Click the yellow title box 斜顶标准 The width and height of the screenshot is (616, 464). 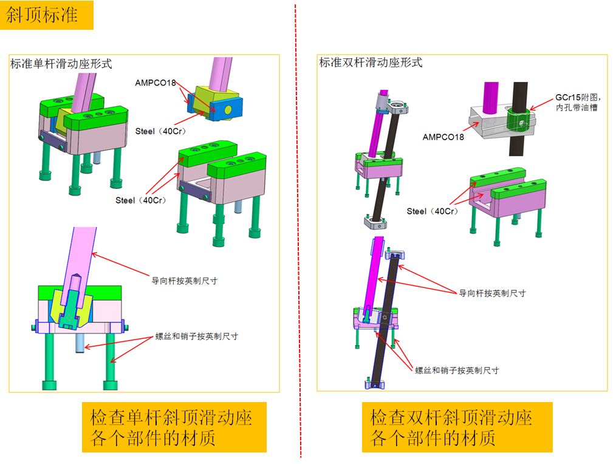[x=46, y=15]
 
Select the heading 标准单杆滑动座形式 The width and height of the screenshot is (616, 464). [x=61, y=64]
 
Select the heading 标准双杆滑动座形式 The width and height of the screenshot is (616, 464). [x=371, y=63]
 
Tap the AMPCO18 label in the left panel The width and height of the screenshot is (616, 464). [x=155, y=83]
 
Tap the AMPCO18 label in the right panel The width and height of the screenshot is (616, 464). [x=443, y=137]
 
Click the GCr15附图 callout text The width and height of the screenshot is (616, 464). [x=578, y=102]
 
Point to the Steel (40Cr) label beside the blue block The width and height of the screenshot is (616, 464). [x=160, y=131]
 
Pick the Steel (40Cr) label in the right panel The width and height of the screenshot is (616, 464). [x=432, y=211]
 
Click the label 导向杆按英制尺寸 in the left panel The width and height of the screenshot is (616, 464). [x=184, y=281]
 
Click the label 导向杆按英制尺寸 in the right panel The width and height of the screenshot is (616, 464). [x=492, y=293]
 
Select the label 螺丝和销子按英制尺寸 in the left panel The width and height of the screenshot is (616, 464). [x=196, y=336]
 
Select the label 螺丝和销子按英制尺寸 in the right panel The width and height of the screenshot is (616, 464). [x=457, y=370]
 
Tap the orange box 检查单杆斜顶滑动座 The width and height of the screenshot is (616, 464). [x=174, y=427]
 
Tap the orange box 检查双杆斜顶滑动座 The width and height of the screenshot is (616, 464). [x=457, y=427]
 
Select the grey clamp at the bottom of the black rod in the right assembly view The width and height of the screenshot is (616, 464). [x=376, y=222]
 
